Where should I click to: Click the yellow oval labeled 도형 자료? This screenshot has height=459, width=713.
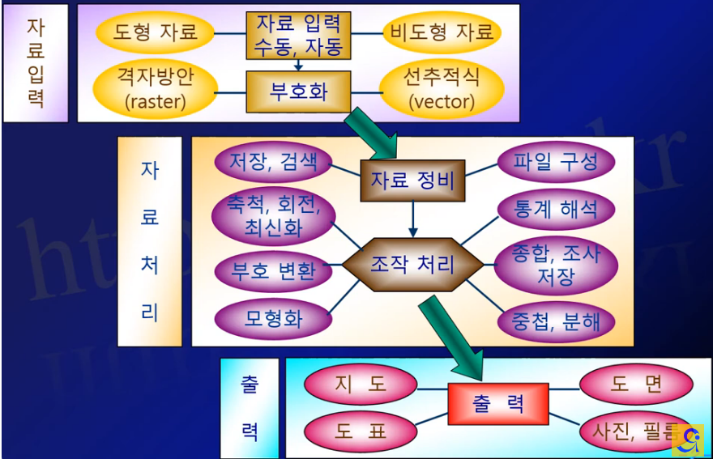pos(155,33)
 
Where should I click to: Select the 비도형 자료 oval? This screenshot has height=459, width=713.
pos(442,33)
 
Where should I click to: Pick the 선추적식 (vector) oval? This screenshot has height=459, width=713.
pos(441,89)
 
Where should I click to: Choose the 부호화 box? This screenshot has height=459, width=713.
pos(298,91)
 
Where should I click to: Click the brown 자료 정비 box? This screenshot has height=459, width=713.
pos(412,181)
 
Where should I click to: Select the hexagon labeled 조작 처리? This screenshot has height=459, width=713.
pos(412,264)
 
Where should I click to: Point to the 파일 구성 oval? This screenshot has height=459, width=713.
pos(556,162)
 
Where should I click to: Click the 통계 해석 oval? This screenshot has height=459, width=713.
pos(556,210)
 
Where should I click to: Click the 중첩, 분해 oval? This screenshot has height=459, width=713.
pos(556,321)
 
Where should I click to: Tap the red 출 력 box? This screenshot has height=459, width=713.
pos(498,404)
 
